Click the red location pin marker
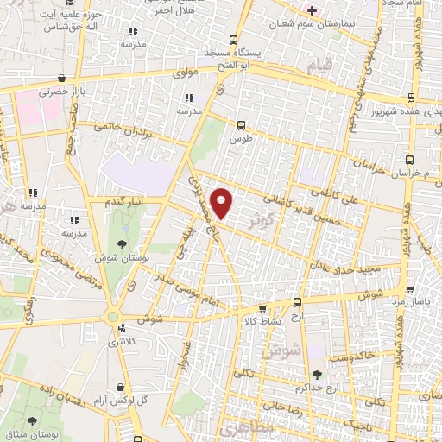[x=224, y=203]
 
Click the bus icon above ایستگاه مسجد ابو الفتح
[x=233, y=40]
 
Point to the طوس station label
[x=241, y=138]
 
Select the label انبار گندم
[x=122, y=201]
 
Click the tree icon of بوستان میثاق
[x=33, y=422]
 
